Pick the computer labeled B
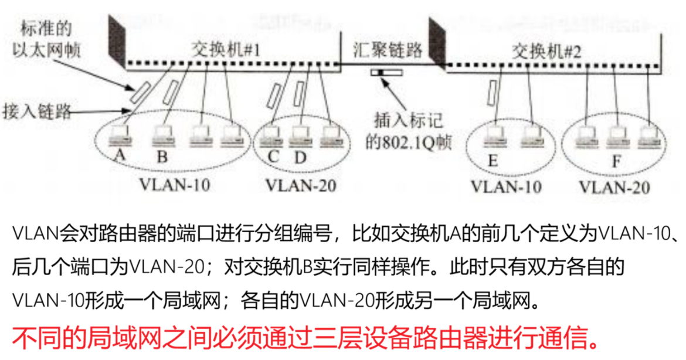click(x=163, y=137)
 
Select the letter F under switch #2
click(x=616, y=159)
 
